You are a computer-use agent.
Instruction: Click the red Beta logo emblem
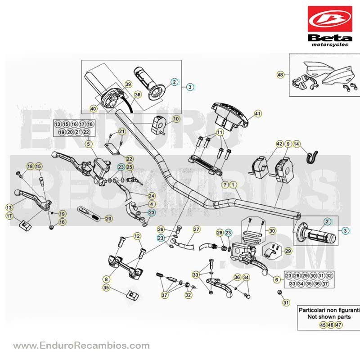(330, 19)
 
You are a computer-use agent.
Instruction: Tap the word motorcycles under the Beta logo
(330, 45)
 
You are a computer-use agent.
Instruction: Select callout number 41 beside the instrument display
(258, 113)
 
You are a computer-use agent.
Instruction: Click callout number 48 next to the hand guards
(280, 75)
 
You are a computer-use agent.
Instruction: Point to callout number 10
(176, 119)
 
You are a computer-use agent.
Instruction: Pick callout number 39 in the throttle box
(128, 84)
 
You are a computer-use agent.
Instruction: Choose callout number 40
(93, 108)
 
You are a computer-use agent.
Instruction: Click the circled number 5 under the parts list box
(89, 144)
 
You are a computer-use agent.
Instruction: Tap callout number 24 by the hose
(152, 196)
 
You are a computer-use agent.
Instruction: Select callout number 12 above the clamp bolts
(137, 236)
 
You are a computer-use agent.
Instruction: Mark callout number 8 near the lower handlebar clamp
(106, 279)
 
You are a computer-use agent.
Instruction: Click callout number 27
(197, 229)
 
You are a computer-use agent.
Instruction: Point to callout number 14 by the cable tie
(297, 144)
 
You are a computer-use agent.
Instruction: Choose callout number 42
(279, 144)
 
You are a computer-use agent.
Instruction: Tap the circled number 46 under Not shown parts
(331, 325)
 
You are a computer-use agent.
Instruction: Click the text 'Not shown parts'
(329, 317)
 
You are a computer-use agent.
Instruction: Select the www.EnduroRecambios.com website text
(81, 345)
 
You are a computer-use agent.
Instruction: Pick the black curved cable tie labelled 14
(313, 157)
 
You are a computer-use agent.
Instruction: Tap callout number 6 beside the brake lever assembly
(277, 279)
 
